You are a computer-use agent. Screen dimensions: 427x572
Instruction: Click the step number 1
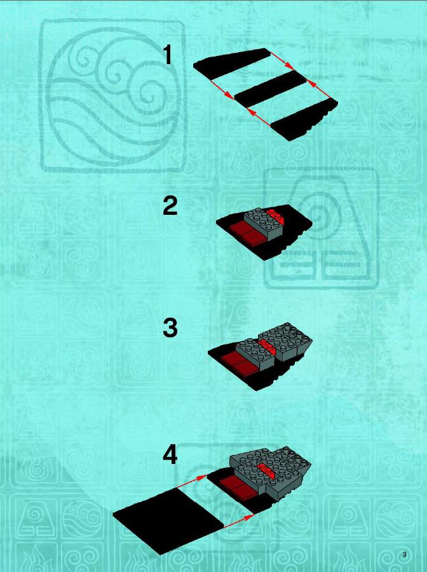[x=167, y=55]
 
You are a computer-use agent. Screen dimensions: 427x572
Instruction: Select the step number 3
[x=170, y=327]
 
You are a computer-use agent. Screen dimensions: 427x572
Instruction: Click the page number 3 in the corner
[x=404, y=555]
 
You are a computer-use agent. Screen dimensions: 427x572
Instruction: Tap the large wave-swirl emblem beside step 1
[x=112, y=95]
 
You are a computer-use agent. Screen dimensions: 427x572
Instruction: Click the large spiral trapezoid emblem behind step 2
[x=322, y=228]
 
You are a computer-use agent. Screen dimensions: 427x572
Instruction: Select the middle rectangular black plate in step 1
[x=271, y=89]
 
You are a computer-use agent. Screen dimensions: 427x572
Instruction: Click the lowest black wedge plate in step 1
[x=304, y=119]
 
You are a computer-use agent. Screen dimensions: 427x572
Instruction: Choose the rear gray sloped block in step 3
[x=285, y=341]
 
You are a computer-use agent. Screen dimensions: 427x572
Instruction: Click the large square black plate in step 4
[x=168, y=520]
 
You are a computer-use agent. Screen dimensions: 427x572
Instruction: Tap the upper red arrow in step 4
[x=191, y=482]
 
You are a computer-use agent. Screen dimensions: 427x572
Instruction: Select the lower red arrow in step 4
[x=239, y=522]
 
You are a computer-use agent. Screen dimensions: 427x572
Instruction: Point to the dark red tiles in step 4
[x=238, y=487]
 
